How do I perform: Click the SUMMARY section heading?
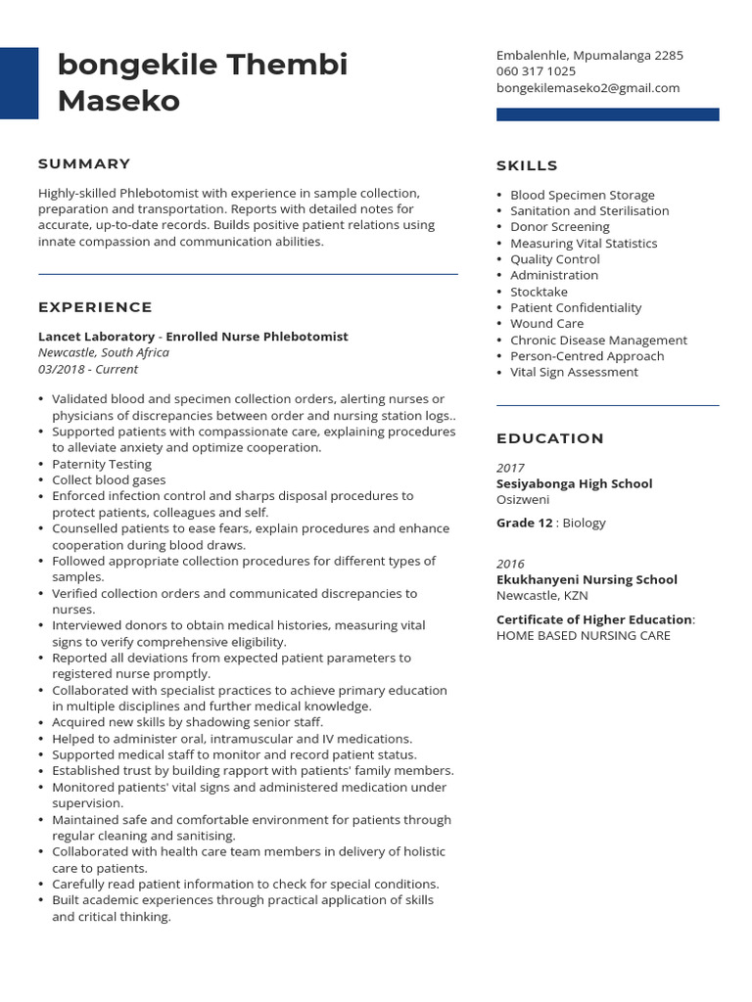[84, 163]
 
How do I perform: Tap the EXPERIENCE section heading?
[95, 307]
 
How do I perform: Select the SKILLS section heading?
[527, 165]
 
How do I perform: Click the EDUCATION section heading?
[550, 438]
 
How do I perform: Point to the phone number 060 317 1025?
[536, 71]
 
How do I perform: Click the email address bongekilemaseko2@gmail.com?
[587, 88]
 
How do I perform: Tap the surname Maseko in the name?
[118, 100]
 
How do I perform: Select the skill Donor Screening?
[559, 227]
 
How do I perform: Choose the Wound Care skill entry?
[546, 324]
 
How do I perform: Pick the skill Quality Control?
[554, 259]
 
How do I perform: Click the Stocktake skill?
[539, 292]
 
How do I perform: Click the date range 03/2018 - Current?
[88, 369]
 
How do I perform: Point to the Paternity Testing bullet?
[102, 464]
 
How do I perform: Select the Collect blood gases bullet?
[109, 480]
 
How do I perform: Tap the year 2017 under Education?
[510, 468]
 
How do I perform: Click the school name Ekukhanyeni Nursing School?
[587, 579]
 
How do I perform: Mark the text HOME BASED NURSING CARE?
[584, 636]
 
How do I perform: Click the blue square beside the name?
[19, 83]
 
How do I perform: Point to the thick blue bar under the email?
[607, 114]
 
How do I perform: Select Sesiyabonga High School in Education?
[574, 483]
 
